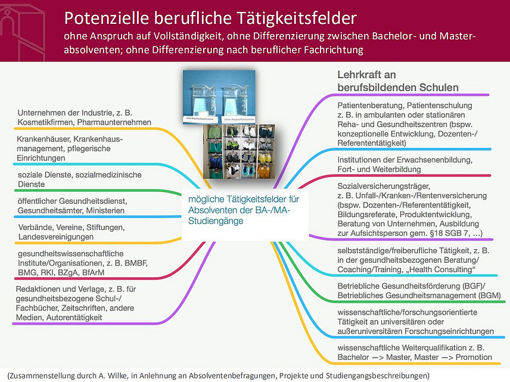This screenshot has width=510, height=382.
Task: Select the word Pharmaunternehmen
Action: (x=121, y=122)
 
